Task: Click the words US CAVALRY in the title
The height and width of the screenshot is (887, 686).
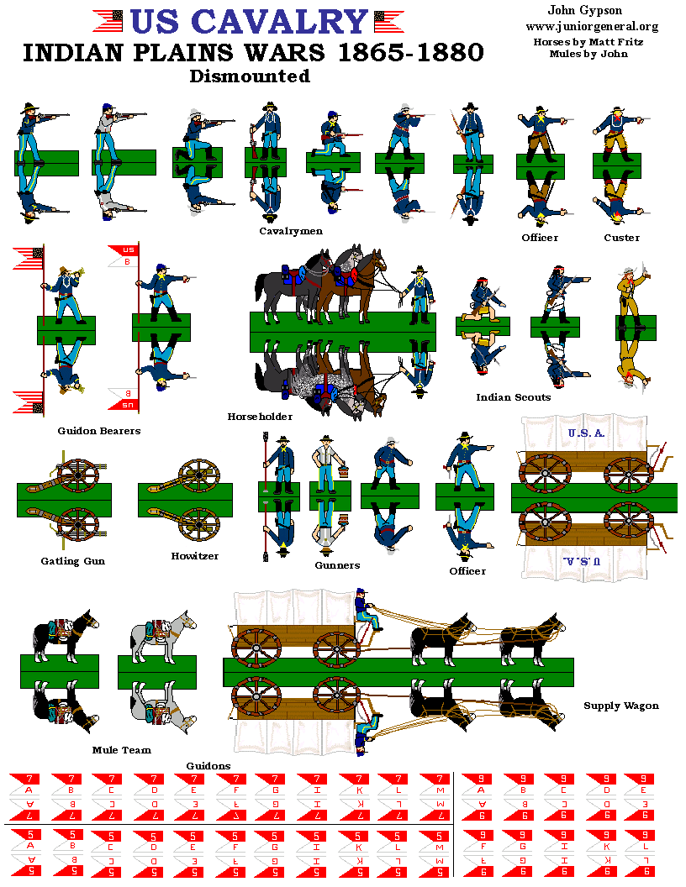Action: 251,23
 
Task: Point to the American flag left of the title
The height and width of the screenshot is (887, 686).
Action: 108,19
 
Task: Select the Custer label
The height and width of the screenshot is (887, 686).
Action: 621,238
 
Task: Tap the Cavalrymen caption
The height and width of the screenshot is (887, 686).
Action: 290,231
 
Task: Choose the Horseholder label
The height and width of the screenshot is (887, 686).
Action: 260,417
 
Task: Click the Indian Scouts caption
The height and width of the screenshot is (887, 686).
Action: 513,397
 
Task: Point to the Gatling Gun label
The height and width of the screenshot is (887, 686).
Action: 72,561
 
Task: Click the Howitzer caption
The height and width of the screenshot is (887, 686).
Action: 195,556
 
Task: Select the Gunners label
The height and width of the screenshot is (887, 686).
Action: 337,565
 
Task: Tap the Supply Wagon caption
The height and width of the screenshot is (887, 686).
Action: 620,706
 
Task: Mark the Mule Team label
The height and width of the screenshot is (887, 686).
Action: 122,749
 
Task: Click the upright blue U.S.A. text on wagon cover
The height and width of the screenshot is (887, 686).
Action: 586,433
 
